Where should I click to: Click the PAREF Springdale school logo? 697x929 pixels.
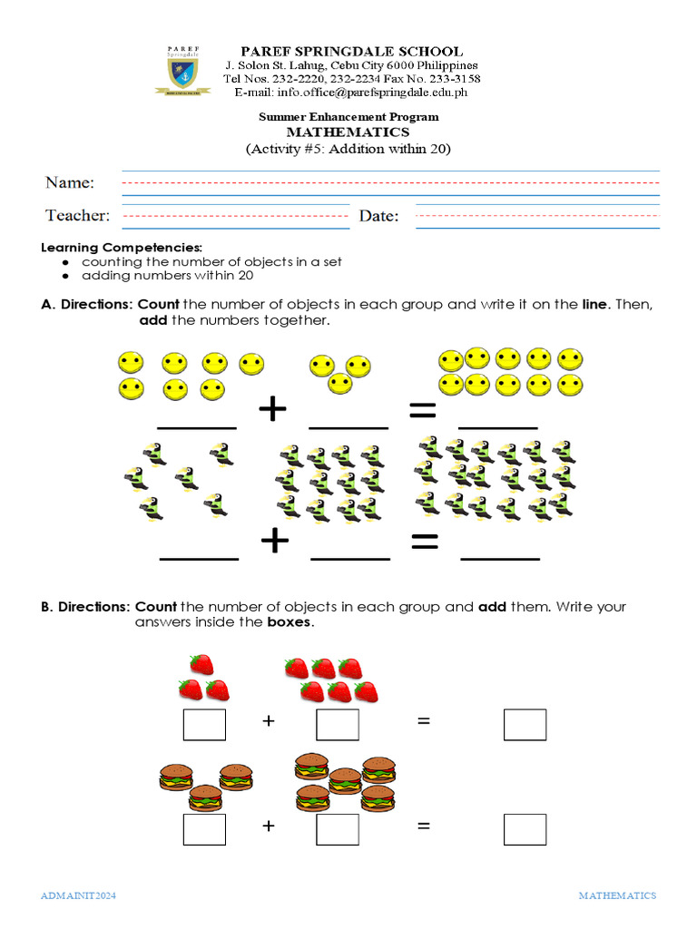coord(185,69)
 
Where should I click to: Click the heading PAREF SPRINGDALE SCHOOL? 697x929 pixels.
coord(351,52)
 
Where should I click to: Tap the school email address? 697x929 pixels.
coord(351,92)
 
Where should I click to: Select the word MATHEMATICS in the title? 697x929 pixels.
coord(348,132)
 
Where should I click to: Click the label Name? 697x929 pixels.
coord(70,182)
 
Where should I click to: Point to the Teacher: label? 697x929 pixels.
coord(77,215)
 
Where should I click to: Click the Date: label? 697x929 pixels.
coord(378,215)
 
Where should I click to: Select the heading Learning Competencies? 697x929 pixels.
coord(122,248)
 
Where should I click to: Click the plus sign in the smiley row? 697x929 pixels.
coord(272,410)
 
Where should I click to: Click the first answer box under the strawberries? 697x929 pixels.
coord(204,724)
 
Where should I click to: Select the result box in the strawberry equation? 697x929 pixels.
coord(525,724)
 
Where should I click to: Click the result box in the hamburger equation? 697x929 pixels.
coord(525,829)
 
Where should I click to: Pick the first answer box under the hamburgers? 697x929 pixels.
coord(204,829)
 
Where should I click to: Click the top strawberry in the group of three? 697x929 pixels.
coord(201,665)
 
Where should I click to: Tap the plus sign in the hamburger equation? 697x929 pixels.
coord(268,826)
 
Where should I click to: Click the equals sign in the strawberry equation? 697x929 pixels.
coord(423,721)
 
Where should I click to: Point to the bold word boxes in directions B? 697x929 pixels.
coord(289,622)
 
